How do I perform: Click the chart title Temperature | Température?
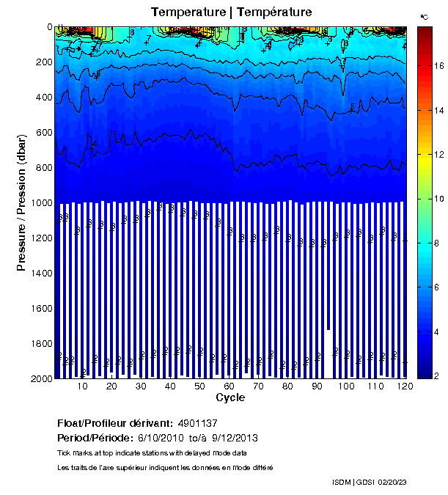[x=232, y=12]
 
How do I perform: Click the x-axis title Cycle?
[x=230, y=398]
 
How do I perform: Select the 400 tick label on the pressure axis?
[x=41, y=98]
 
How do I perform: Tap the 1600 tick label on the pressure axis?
[x=38, y=309]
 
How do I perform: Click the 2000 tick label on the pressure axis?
[x=38, y=378]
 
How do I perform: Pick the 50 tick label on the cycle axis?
[x=199, y=386]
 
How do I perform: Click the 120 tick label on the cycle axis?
[x=402, y=386]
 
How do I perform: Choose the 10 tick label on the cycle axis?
[x=82, y=386]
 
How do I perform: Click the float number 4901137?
[x=197, y=424]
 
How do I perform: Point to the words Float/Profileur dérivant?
[x=114, y=424]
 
